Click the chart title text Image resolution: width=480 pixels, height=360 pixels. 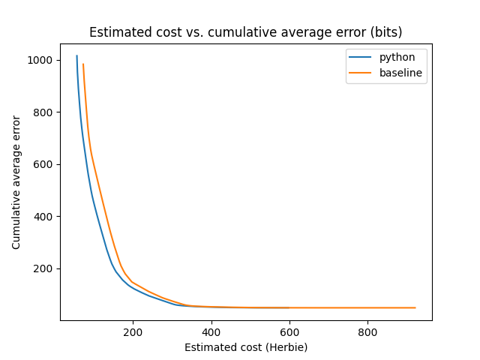pyautogui.click(x=245, y=32)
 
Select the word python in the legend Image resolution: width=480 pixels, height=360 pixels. pyautogui.click(x=397, y=57)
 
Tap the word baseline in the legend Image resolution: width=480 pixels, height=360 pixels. pyautogui.click(x=400, y=73)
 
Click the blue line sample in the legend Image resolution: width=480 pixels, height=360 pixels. pyautogui.click(x=361, y=58)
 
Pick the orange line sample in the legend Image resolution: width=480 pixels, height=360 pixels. pyautogui.click(x=361, y=73)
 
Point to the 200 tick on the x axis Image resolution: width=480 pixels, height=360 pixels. pyautogui.click(x=133, y=332)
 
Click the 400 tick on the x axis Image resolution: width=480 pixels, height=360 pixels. pyautogui.click(x=211, y=332)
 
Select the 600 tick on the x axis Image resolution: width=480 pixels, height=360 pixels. pyautogui.click(x=289, y=332)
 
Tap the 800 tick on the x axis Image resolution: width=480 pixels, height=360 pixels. pyautogui.click(x=367, y=332)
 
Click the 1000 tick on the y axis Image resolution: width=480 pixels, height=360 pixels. pyautogui.click(x=40, y=60)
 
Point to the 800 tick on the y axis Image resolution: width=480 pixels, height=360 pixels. pyautogui.click(x=43, y=112)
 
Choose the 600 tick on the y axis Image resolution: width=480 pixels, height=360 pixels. pyautogui.click(x=43, y=164)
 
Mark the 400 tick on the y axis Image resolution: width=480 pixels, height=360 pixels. pyautogui.click(x=43, y=217)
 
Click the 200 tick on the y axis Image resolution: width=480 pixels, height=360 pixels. pyautogui.click(x=43, y=268)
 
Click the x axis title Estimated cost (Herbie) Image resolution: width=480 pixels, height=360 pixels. pyautogui.click(x=246, y=347)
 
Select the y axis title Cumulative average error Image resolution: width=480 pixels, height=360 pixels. pyautogui.click(x=16, y=182)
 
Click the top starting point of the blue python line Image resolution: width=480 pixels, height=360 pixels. pyautogui.click(x=76, y=56)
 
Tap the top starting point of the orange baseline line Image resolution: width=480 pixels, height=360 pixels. pyautogui.click(x=83, y=64)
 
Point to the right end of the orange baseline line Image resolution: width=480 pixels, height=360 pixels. pyautogui.click(x=415, y=307)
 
